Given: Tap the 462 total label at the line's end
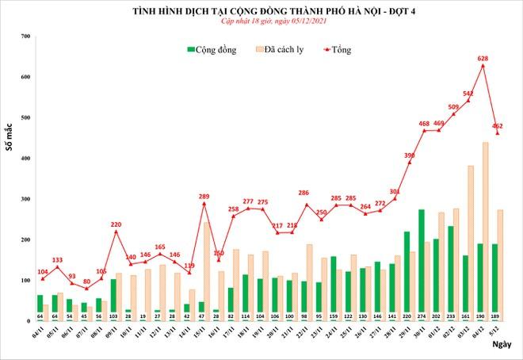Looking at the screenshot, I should pyautogui.click(x=498, y=125).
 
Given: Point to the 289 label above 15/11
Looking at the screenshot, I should pyautogui.click(x=204, y=196).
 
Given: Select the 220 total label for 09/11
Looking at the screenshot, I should pyautogui.click(x=116, y=224).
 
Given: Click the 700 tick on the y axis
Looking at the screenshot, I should pyautogui.click(x=25, y=37).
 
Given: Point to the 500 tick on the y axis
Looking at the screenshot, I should pyautogui.click(x=25, y=118).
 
